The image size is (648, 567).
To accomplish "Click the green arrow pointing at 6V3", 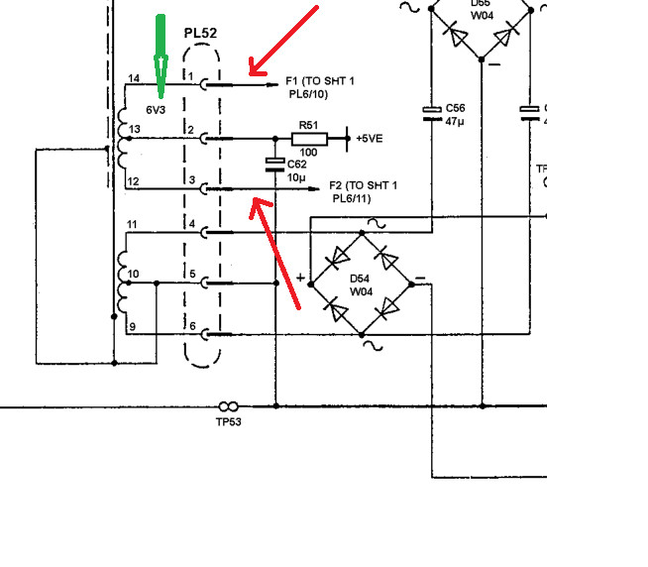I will (x=158, y=55).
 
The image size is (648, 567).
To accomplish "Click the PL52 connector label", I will (x=200, y=33).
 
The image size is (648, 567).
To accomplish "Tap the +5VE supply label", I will (x=373, y=139).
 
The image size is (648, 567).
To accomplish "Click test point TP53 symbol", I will (x=228, y=406).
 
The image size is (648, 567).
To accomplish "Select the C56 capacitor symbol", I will (x=431, y=112).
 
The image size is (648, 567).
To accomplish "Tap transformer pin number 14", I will (x=134, y=77).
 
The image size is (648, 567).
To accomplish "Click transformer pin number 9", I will (x=133, y=326).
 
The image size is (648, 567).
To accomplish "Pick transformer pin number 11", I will (x=133, y=226).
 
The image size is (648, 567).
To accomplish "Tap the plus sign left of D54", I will (x=300, y=278).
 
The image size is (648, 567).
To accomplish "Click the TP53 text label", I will (x=228, y=421).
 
